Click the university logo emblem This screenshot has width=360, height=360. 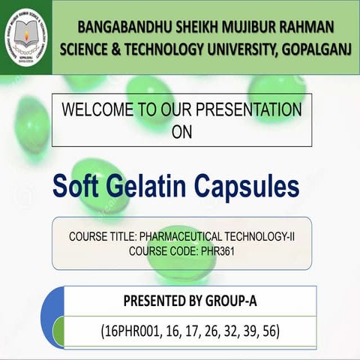(26, 36)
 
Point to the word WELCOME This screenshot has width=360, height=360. (97, 110)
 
